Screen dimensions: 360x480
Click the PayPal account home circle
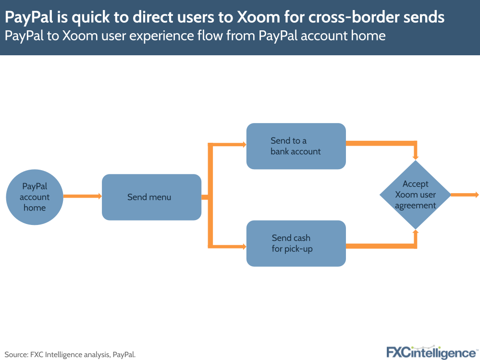coord(34,197)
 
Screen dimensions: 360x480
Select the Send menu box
coord(151,197)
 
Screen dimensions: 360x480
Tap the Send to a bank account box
coord(296,146)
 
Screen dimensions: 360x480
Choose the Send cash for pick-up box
coord(296,243)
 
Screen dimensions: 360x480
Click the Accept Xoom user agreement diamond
coord(415,195)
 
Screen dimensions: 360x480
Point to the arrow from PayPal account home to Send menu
coord(82,196)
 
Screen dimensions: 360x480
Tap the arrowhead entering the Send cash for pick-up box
coord(243,247)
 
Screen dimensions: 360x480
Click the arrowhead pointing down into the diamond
coord(416,157)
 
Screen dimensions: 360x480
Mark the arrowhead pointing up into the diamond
coord(416,233)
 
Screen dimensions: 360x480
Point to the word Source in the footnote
coord(16,355)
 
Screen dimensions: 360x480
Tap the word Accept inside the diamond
coord(415,184)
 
